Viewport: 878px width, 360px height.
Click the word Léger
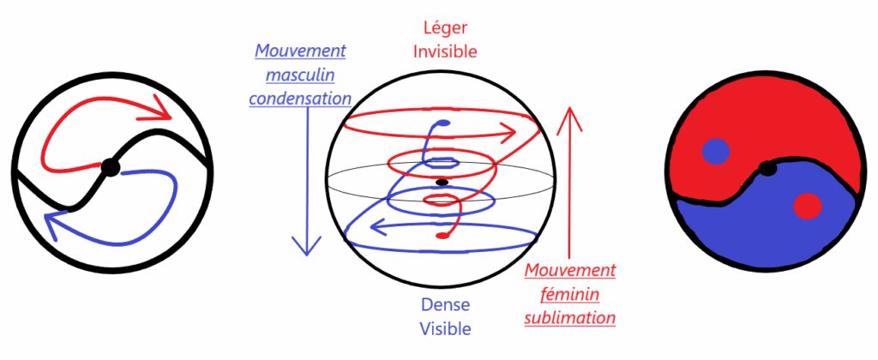[445, 29]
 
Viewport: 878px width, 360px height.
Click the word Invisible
[445, 52]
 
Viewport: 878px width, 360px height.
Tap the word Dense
[444, 304]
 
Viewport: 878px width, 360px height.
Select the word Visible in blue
[444, 327]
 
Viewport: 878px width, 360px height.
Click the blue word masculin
[300, 75]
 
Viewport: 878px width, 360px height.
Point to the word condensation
[300, 98]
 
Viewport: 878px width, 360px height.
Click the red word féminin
[570, 294]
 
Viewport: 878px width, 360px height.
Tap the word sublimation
[570, 317]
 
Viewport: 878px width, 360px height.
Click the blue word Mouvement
[300, 51]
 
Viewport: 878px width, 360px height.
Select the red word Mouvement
[570, 271]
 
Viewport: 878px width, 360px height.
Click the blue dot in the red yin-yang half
[715, 153]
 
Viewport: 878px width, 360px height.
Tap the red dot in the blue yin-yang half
[806, 207]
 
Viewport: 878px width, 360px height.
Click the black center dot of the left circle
[109, 167]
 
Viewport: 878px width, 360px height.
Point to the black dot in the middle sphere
[442, 183]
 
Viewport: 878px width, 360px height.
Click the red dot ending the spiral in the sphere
[441, 235]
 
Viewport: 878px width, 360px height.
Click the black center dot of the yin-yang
[768, 168]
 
